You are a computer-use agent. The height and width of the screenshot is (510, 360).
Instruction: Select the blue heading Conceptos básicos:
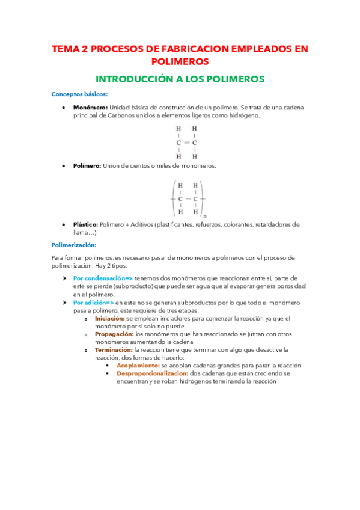point(79,94)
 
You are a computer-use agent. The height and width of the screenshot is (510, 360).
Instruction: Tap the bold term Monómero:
point(90,108)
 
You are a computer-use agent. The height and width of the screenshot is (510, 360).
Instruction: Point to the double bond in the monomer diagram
point(186,143)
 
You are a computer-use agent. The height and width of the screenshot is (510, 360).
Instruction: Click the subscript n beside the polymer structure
point(205,215)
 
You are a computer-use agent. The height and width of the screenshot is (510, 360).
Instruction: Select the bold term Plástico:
point(86,224)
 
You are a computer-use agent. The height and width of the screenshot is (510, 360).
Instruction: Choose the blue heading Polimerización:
point(78,245)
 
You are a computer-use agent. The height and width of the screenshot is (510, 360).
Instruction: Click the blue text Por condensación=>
point(102,278)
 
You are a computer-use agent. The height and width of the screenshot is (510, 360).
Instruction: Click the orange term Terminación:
point(114,349)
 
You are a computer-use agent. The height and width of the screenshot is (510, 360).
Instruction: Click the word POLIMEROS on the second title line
point(180,62)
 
